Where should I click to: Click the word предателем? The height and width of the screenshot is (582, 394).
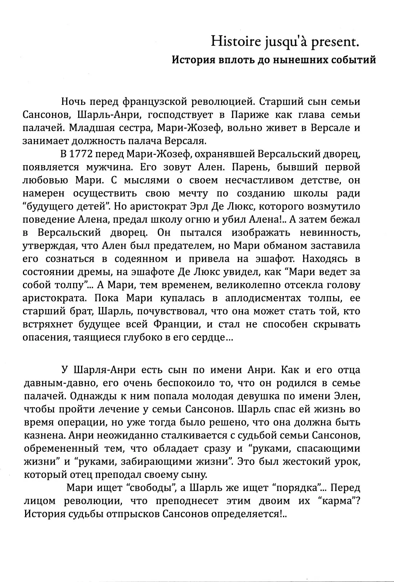186,246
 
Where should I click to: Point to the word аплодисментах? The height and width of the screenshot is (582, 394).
263,298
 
